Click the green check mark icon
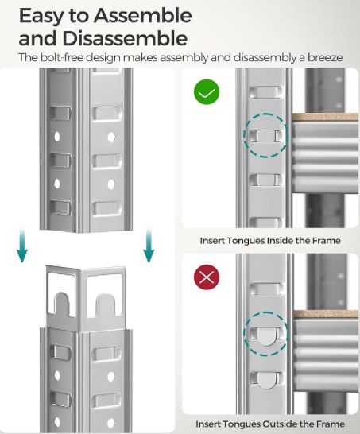coord(207,92)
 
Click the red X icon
coord(207,277)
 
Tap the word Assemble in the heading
coord(142,16)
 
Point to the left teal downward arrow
coord(22,245)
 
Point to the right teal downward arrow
coord(149,245)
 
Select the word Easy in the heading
coord(41,17)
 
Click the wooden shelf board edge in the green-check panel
coord(325,117)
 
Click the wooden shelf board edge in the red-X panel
coord(326,315)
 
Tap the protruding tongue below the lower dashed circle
coord(266,380)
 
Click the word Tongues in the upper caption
coord(245,241)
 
